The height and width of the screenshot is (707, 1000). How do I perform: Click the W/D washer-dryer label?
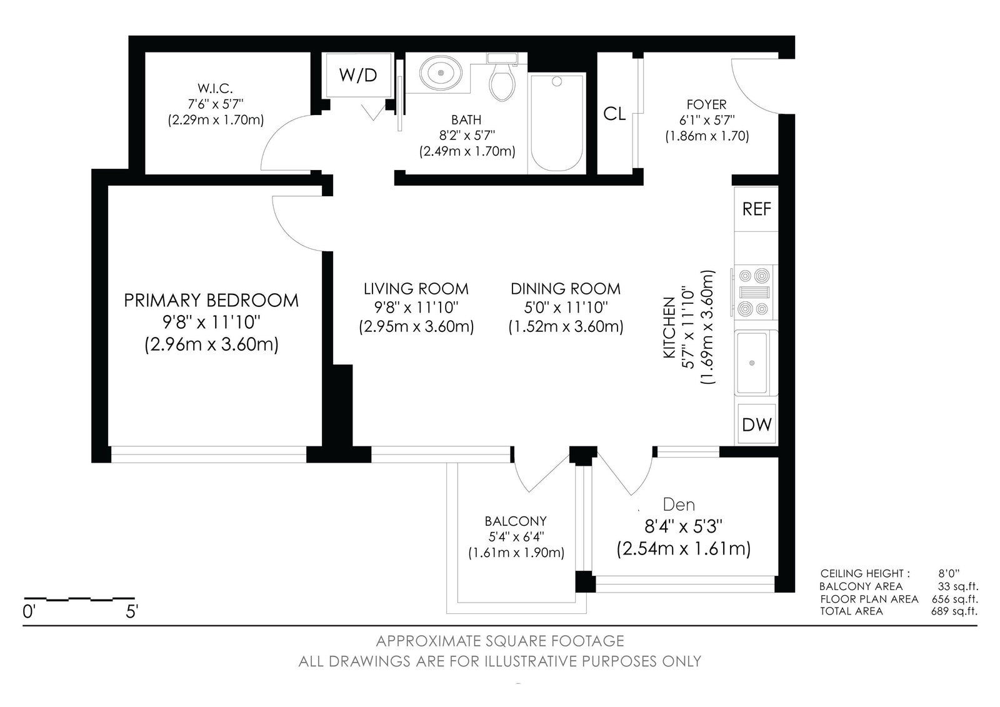point(358,75)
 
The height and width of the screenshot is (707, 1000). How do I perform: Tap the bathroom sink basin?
point(441,73)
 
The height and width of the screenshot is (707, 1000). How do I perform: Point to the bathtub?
point(557,123)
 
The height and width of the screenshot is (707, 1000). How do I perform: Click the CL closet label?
point(614,114)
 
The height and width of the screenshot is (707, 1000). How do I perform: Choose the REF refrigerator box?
point(756,209)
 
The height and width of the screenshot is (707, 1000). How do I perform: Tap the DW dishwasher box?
point(757,424)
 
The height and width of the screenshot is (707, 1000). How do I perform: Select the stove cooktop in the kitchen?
point(754,292)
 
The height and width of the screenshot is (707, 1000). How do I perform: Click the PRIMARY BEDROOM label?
point(211,301)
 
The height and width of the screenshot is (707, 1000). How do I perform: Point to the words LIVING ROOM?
point(416,289)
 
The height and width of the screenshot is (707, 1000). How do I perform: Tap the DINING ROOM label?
point(566,289)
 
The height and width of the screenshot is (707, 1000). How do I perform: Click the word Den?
point(679,504)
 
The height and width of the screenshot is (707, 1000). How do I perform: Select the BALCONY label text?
point(516,521)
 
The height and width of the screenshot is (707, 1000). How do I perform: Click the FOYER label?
point(707,104)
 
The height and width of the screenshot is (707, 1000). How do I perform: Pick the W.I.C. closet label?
point(215,88)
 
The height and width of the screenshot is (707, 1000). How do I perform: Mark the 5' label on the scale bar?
point(132,611)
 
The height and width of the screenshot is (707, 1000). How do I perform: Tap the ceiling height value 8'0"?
point(949,573)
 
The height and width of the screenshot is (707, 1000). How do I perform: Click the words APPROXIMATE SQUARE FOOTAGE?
point(500,641)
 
